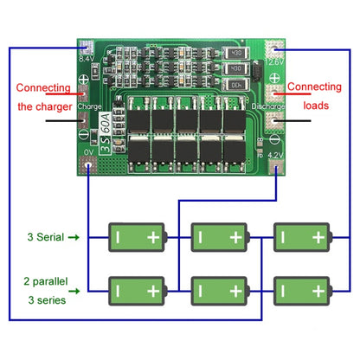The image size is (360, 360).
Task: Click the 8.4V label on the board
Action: [87, 60]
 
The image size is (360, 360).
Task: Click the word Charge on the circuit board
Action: [89, 107]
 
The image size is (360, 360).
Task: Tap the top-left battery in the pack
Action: [136, 236]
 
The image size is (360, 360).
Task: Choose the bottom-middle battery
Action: [218, 288]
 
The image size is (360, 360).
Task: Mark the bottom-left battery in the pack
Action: [136, 288]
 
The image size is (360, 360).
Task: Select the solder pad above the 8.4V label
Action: [87, 47]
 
